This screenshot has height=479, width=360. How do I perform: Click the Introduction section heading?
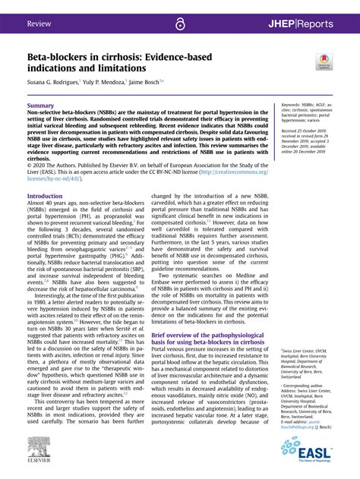(x=45, y=196)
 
